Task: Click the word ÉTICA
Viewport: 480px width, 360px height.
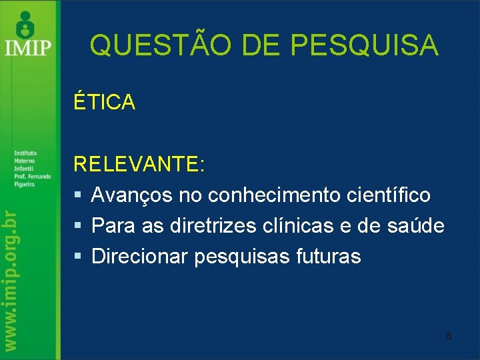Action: (105, 102)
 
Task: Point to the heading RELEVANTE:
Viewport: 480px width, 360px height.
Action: (139, 165)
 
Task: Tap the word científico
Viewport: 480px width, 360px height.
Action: (389, 195)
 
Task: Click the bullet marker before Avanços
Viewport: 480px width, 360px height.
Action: (77, 196)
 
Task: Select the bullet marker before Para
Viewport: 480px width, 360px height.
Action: (77, 227)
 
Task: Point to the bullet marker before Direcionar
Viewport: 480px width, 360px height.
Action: (77, 257)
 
